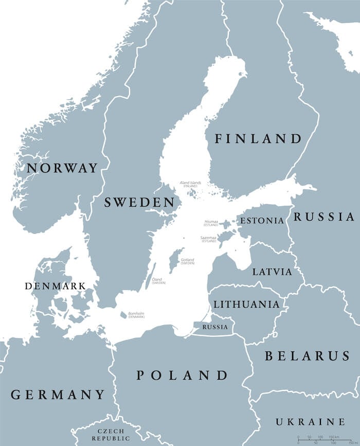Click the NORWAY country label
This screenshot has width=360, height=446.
tap(62, 168)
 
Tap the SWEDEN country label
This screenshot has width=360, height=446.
tap(139, 202)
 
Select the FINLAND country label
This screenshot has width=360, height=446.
tap(258, 139)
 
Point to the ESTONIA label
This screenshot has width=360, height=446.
tap(262, 221)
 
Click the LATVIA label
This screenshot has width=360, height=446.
tap(272, 272)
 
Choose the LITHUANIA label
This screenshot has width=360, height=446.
tap(246, 305)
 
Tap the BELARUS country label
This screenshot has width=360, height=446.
tap(308, 356)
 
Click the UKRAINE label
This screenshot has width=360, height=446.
tap(310, 422)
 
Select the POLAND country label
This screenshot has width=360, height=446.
tap(182, 376)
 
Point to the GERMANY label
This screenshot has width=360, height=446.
tap(58, 395)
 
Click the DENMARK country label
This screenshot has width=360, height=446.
tap(55, 286)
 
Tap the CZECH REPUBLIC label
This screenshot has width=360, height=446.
tap(111, 435)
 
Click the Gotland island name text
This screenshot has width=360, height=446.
tap(187, 260)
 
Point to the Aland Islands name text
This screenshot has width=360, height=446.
tap(190, 183)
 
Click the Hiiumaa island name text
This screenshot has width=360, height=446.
tap(211, 222)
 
